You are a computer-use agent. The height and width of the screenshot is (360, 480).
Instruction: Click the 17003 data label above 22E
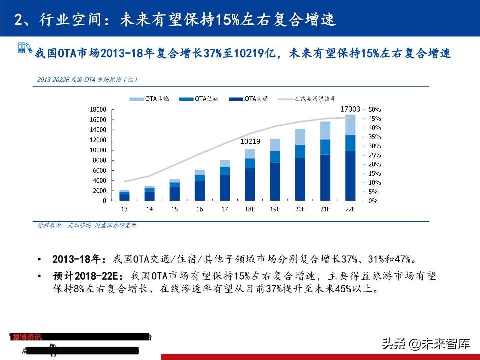pyautogui.click(x=350, y=109)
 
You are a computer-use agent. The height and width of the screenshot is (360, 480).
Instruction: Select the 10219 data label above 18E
pyautogui.click(x=250, y=142)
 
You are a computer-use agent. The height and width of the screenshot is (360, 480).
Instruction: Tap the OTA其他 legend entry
pyautogui.click(x=150, y=99)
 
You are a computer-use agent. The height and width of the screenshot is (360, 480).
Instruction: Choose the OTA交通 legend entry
pyautogui.click(x=249, y=99)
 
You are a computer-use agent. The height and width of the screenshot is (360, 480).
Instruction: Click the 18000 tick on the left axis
pyautogui.click(x=98, y=109)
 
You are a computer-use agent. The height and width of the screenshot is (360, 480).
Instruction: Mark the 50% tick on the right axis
pyautogui.click(x=375, y=109)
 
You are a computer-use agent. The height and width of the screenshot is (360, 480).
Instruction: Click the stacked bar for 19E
pyautogui.click(x=275, y=170)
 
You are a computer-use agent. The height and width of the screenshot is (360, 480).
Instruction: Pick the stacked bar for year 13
pyautogui.click(x=124, y=195)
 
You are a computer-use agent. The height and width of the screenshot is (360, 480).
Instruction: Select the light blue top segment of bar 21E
pyautogui.click(x=325, y=130)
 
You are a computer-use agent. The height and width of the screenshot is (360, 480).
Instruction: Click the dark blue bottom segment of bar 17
pyautogui.click(x=225, y=188)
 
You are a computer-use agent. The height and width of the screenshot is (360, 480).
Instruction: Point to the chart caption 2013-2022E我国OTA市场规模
pyautogui.click(x=87, y=80)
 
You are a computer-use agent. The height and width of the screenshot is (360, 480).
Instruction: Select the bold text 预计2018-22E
pyautogui.click(x=88, y=276)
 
